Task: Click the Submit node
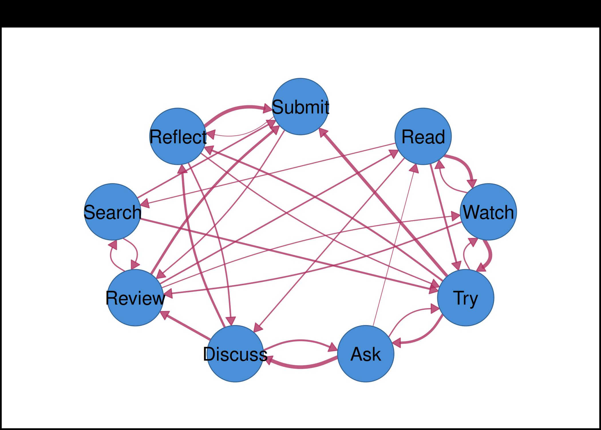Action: coord(300,106)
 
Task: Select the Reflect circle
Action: coord(178,136)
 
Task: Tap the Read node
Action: coord(423,136)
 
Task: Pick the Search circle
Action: coord(112,212)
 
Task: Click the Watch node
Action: coord(488,212)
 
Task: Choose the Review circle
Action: coord(135,298)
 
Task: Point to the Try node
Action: coord(466,298)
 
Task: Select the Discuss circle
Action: coord(235,353)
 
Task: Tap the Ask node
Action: coord(366,353)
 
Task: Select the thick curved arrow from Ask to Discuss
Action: coord(300,366)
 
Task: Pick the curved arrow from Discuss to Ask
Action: coord(300,341)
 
